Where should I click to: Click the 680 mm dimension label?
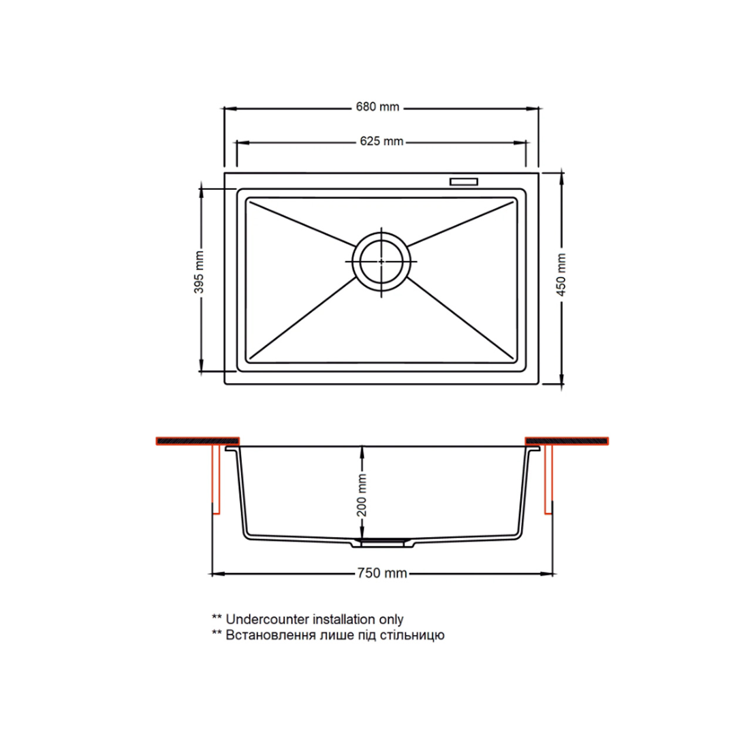[x=377, y=106]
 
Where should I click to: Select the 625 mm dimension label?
[x=382, y=141]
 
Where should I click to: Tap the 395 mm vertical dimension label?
[x=199, y=271]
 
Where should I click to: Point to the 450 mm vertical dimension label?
[x=561, y=274]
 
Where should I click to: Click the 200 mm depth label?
[x=362, y=495]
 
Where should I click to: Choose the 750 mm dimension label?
[x=382, y=573]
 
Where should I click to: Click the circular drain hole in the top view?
[x=381, y=261]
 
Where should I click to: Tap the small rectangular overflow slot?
[x=464, y=182]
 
